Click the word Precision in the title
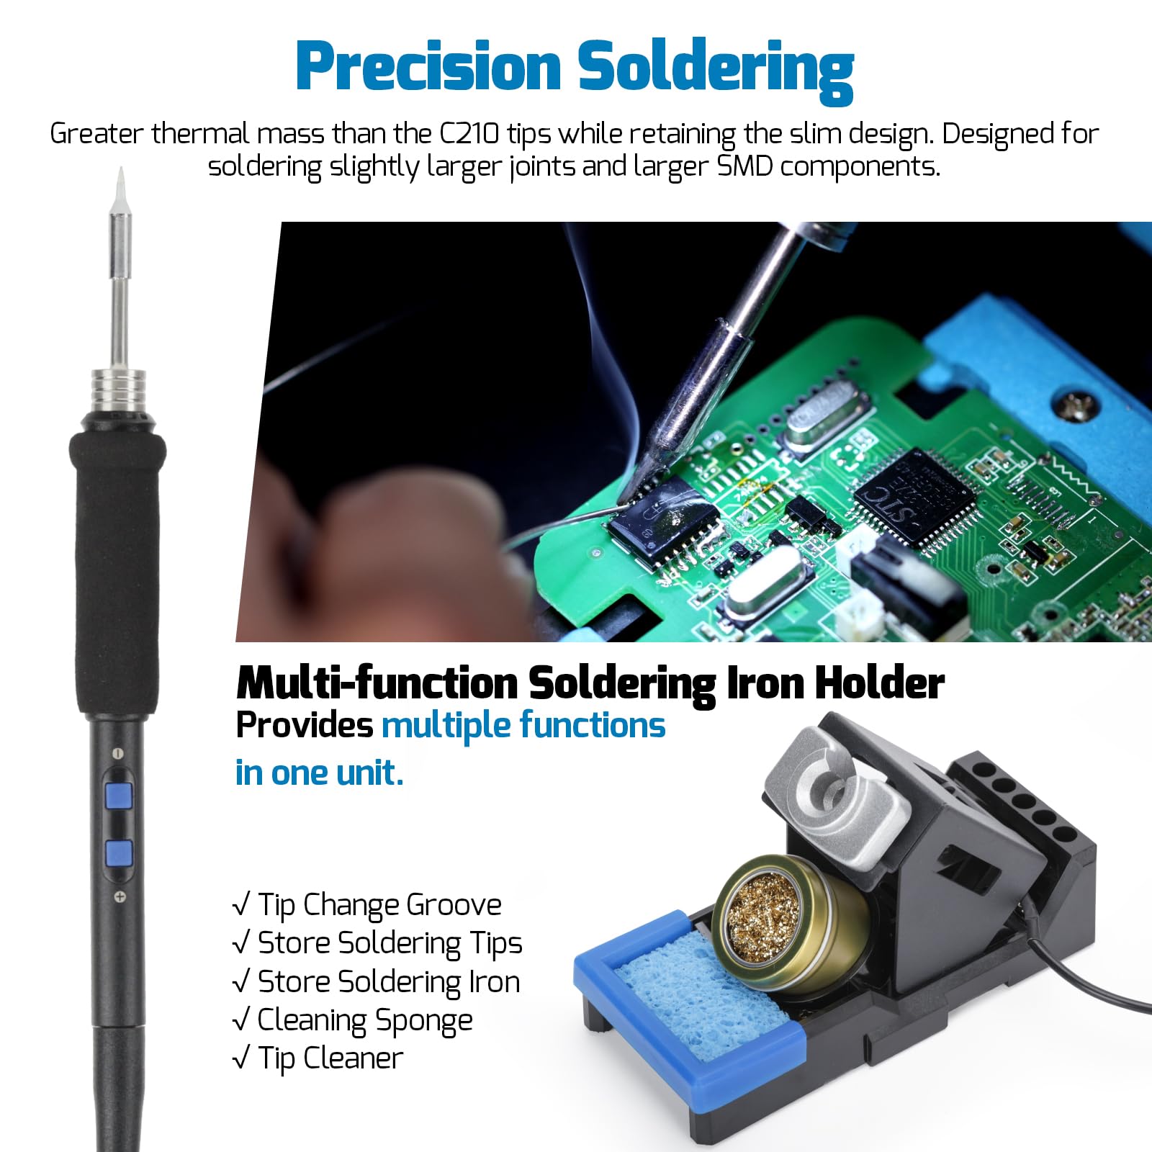(428, 66)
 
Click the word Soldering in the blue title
(716, 71)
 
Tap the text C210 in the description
(469, 134)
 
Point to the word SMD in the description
(744, 166)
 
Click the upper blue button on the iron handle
(119, 797)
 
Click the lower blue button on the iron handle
(119, 853)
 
